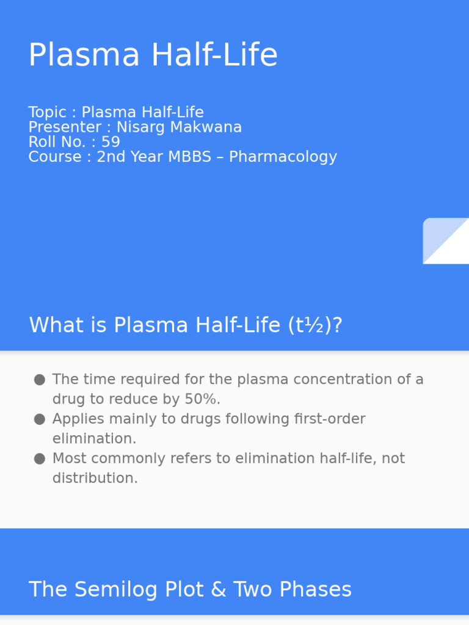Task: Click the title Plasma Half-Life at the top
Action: click(x=153, y=56)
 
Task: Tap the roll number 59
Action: click(x=111, y=142)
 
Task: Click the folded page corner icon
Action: click(x=445, y=240)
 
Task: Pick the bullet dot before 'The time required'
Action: click(x=40, y=380)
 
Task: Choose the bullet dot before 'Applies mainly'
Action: click(x=40, y=419)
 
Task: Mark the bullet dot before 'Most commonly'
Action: click(x=40, y=458)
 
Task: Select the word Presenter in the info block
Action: click(x=56, y=128)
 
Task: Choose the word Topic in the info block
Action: click(x=47, y=112)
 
